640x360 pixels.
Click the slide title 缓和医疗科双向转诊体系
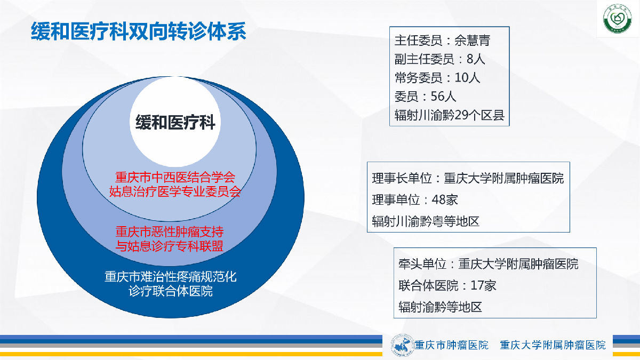(x=139, y=31)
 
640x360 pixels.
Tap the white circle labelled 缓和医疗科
(x=175, y=122)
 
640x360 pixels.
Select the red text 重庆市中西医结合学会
(x=175, y=177)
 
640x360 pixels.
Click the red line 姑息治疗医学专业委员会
(x=175, y=191)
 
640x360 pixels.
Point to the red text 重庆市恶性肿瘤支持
(x=170, y=231)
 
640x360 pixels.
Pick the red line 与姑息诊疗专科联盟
(x=170, y=246)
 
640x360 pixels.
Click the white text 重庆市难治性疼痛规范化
(x=171, y=277)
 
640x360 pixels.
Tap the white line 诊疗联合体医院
(x=171, y=291)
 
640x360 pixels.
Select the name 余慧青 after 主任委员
(x=473, y=41)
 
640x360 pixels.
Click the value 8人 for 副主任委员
(x=476, y=59)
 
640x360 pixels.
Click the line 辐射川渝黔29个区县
(x=450, y=115)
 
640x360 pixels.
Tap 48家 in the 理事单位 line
(x=445, y=199)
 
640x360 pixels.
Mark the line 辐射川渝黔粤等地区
(x=426, y=221)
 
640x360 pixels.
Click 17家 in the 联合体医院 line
(x=483, y=285)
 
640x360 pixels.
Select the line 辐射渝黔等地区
(x=440, y=307)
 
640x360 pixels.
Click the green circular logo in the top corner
(x=618, y=18)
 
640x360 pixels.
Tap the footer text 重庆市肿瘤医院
(x=451, y=345)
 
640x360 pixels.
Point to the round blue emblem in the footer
(x=403, y=346)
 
